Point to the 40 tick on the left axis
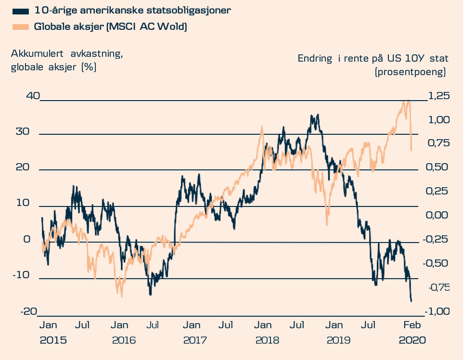pos(33,96)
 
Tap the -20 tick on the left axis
pos(29,311)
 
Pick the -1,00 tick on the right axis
pos(436,311)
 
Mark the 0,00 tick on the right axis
pos(437,215)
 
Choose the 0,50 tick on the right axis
pos(437,167)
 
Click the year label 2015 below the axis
pos(53,340)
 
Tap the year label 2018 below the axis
pos(267,340)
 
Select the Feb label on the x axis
pos(412,325)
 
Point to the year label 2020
pos(412,340)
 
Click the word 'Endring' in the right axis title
pos(315,59)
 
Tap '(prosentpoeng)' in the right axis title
pos(410,72)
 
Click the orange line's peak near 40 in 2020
pos(408,100)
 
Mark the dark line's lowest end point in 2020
pos(412,302)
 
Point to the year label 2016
pos(124,340)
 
